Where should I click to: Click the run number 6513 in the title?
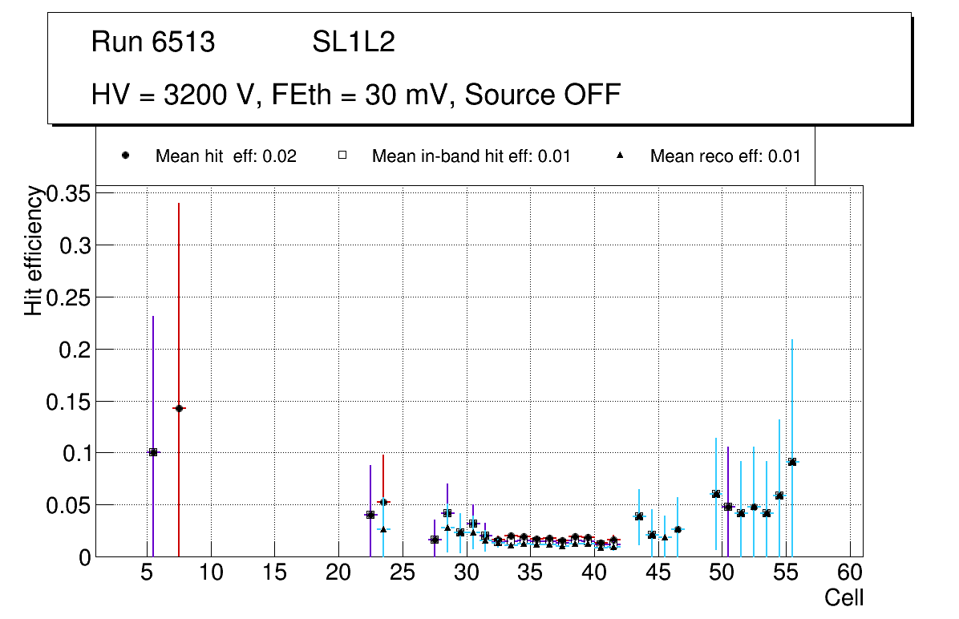click(184, 42)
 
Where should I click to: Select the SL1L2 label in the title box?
click(354, 42)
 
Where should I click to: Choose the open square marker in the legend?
click(342, 156)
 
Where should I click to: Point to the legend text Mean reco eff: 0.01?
click(725, 156)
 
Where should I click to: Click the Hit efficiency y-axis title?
click(34, 250)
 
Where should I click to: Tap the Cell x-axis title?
click(844, 597)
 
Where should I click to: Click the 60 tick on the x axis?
click(850, 574)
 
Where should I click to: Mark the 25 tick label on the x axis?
click(403, 574)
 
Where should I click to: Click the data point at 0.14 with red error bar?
click(179, 408)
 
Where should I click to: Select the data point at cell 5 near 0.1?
click(153, 452)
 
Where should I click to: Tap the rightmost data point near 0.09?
click(792, 462)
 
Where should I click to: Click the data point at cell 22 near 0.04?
click(370, 515)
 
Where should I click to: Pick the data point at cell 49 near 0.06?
click(715, 494)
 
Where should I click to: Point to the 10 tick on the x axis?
click(211, 574)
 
